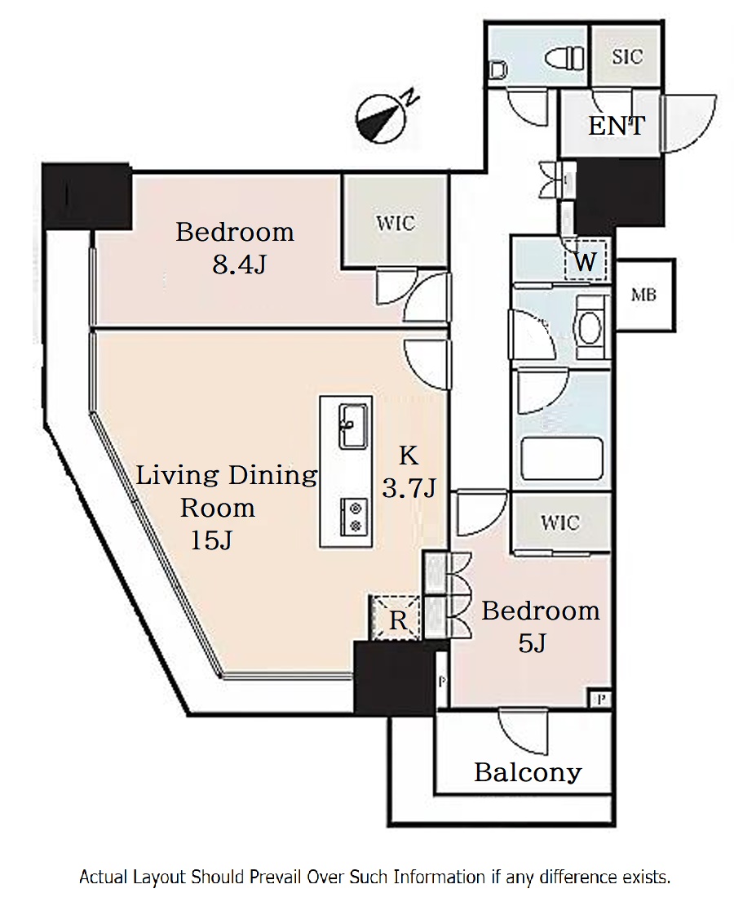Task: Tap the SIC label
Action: [x=627, y=56]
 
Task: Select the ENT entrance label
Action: [x=617, y=126]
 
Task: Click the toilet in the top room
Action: [x=564, y=58]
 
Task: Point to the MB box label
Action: [x=643, y=295]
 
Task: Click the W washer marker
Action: [x=585, y=262]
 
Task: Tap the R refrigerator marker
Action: [x=398, y=620]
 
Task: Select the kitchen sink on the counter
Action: [x=353, y=426]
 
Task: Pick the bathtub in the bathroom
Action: [x=561, y=459]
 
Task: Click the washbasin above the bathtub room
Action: [x=589, y=328]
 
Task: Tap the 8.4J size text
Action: [x=239, y=264]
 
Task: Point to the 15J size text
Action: [x=211, y=540]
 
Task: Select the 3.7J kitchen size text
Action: [x=409, y=488]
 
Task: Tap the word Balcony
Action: [x=528, y=772]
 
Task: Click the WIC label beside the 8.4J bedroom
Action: [x=396, y=223]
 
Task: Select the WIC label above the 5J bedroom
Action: [x=559, y=522]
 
